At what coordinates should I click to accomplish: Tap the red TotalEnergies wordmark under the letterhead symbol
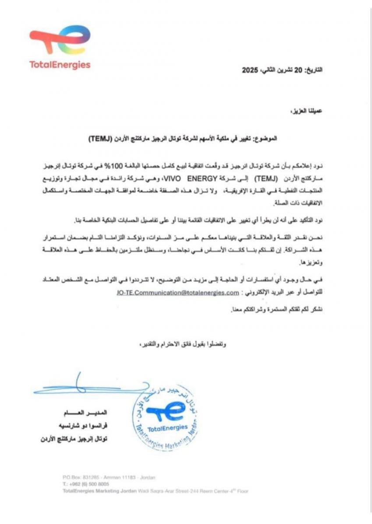[60, 65]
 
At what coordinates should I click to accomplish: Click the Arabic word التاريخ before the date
[313, 70]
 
